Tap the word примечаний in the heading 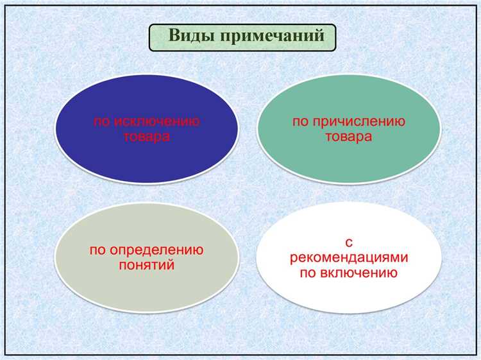pyautogui.click(x=277, y=36)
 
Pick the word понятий pyautogui.click(x=147, y=264)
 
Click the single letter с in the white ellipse pyautogui.click(x=349, y=242)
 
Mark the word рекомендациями pyautogui.click(x=349, y=257)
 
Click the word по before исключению pyautogui.click(x=102, y=121)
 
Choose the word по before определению pyautogui.click(x=98, y=250)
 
